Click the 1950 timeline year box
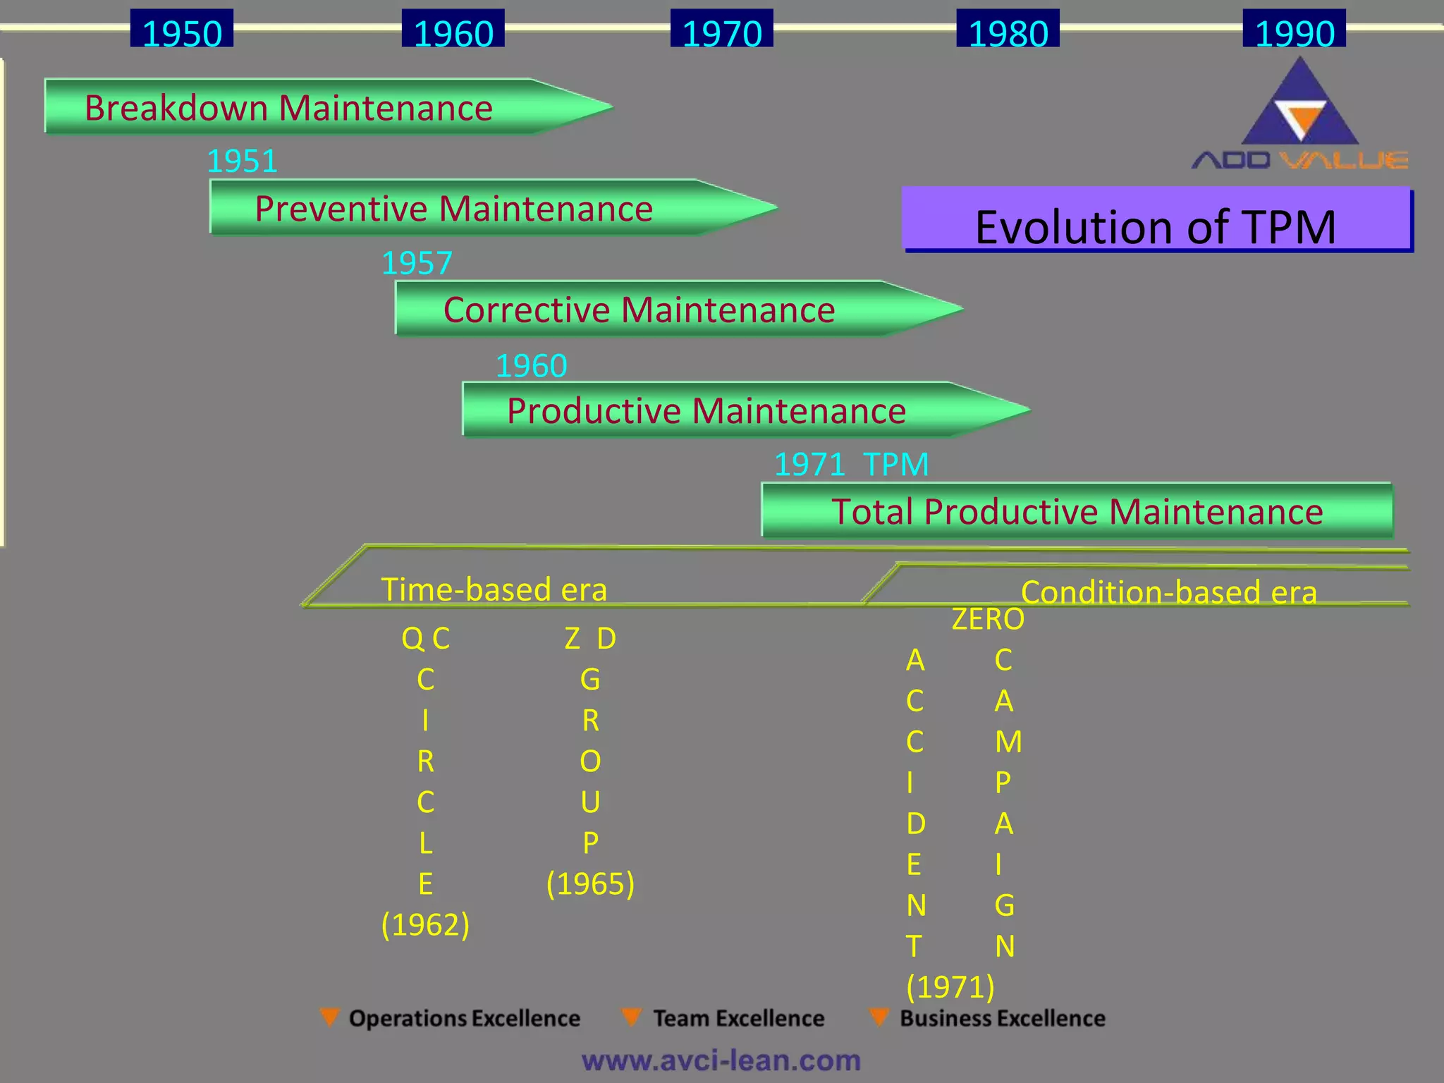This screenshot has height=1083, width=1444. (x=182, y=30)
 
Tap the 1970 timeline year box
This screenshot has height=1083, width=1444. (x=721, y=30)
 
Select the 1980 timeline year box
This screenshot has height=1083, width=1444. (x=1008, y=30)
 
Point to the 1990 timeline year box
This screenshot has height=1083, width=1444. (x=1294, y=30)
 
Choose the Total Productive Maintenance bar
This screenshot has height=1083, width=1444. (x=1077, y=511)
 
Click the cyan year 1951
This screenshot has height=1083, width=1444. (x=242, y=161)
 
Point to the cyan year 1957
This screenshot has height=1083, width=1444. (x=417, y=264)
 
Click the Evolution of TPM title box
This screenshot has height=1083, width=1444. (x=1156, y=220)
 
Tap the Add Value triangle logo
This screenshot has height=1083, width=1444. (x=1299, y=106)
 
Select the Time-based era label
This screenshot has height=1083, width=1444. (x=494, y=589)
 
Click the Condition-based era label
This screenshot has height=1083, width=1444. (x=1168, y=592)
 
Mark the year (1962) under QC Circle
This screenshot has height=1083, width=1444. (x=425, y=924)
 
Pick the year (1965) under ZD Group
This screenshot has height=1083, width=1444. (x=590, y=883)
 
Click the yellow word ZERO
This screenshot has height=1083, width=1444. (x=988, y=619)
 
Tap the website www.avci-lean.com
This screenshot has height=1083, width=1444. (x=721, y=1060)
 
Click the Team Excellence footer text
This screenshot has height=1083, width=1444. (x=738, y=1019)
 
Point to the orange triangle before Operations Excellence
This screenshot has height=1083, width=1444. (x=329, y=1017)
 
